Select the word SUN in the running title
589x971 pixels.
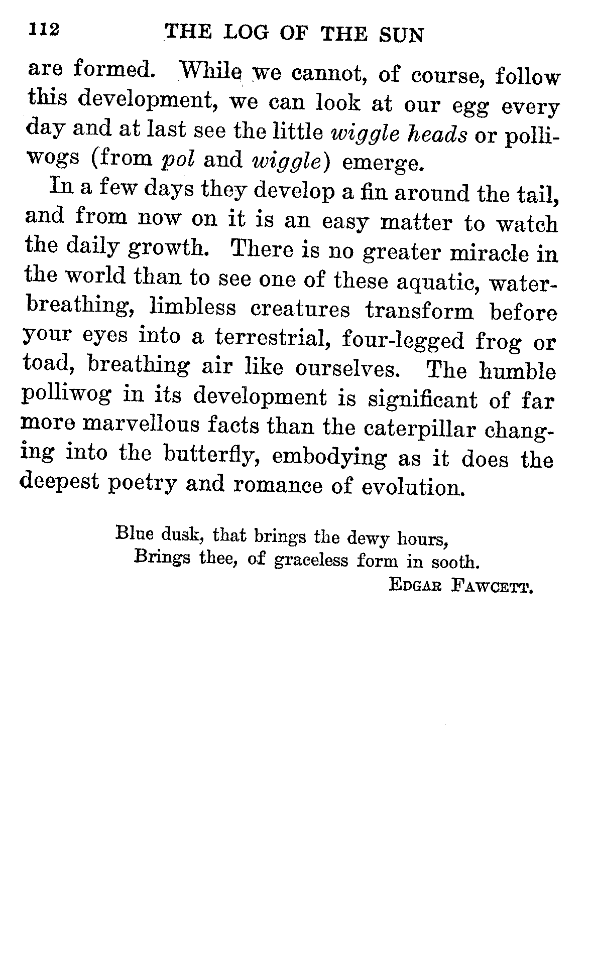(x=401, y=35)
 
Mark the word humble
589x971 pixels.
(x=517, y=371)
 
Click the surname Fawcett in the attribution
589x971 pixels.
(x=492, y=585)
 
